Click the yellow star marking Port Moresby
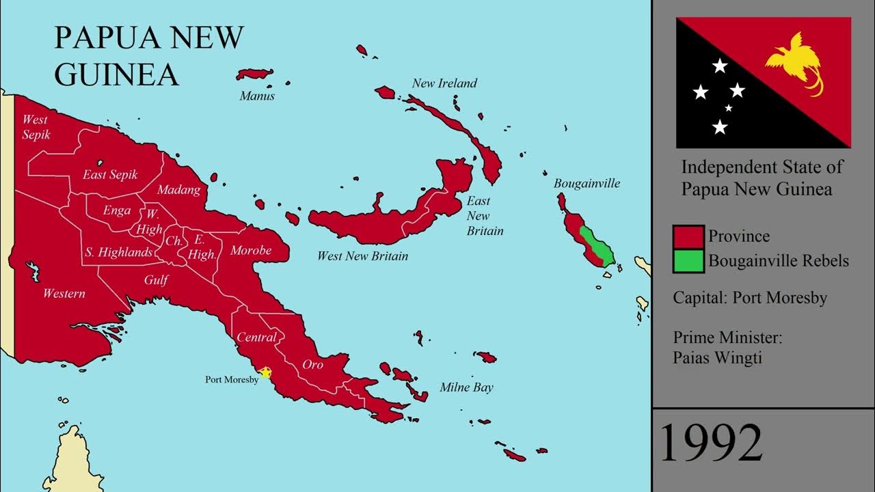[x=265, y=373]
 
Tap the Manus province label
[x=257, y=96]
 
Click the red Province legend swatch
[x=688, y=236]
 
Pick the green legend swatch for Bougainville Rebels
[x=688, y=261]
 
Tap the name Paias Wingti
[x=717, y=357]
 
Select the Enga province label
[x=117, y=210]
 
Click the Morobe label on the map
[x=251, y=251]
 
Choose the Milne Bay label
[x=466, y=387]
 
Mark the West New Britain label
[x=362, y=256]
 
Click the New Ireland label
[x=444, y=83]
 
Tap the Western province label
[x=64, y=294]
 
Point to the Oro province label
[x=312, y=364]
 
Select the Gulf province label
[x=156, y=280]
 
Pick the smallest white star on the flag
[x=729, y=108]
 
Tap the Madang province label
[x=178, y=190]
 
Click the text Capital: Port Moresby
[x=750, y=298]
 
